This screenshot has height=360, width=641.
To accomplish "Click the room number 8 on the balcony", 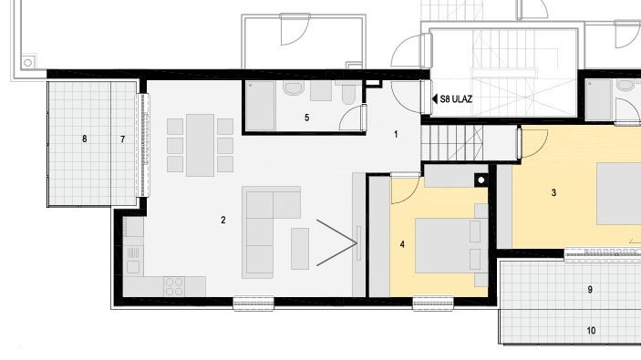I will pyautogui.click(x=84, y=139).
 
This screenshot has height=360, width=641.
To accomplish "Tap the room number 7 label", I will pyautogui.click(x=123, y=139).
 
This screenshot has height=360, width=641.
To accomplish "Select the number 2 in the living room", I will pyautogui.click(x=223, y=220).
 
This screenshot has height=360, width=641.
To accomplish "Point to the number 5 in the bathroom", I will pyautogui.click(x=306, y=118).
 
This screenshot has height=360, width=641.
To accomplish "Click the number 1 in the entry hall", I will pyautogui.click(x=397, y=134).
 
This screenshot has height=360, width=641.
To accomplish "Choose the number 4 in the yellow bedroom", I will pyautogui.click(x=402, y=244).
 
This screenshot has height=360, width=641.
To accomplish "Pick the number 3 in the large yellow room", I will pyautogui.click(x=553, y=192).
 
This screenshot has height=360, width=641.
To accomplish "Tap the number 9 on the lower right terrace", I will pyautogui.click(x=591, y=290).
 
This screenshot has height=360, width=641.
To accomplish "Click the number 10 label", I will pyautogui.click(x=591, y=330).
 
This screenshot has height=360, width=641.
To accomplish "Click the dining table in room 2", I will pyautogui.click(x=201, y=145).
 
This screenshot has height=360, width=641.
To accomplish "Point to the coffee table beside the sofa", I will pyautogui.click(x=300, y=248).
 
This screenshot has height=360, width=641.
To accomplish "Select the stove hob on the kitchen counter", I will pyautogui.click(x=174, y=285).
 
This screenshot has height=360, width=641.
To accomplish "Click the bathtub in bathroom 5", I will pyautogui.click(x=263, y=104).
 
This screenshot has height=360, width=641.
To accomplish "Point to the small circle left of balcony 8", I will pyautogui.click(x=28, y=62).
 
